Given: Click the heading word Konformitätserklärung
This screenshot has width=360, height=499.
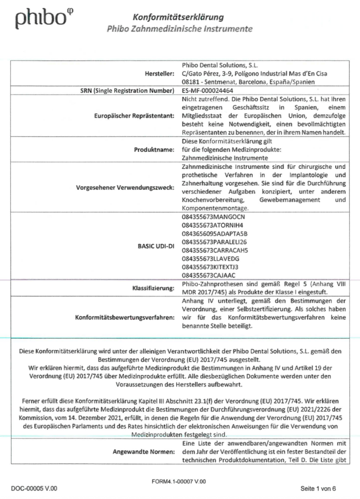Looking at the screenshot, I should click(x=178, y=18).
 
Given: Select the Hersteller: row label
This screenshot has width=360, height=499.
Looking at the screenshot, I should click(x=160, y=74).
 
